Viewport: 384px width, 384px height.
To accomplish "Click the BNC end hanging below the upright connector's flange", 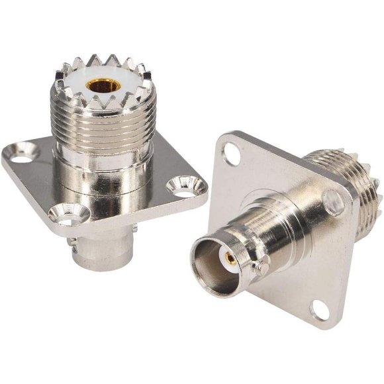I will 99,252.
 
